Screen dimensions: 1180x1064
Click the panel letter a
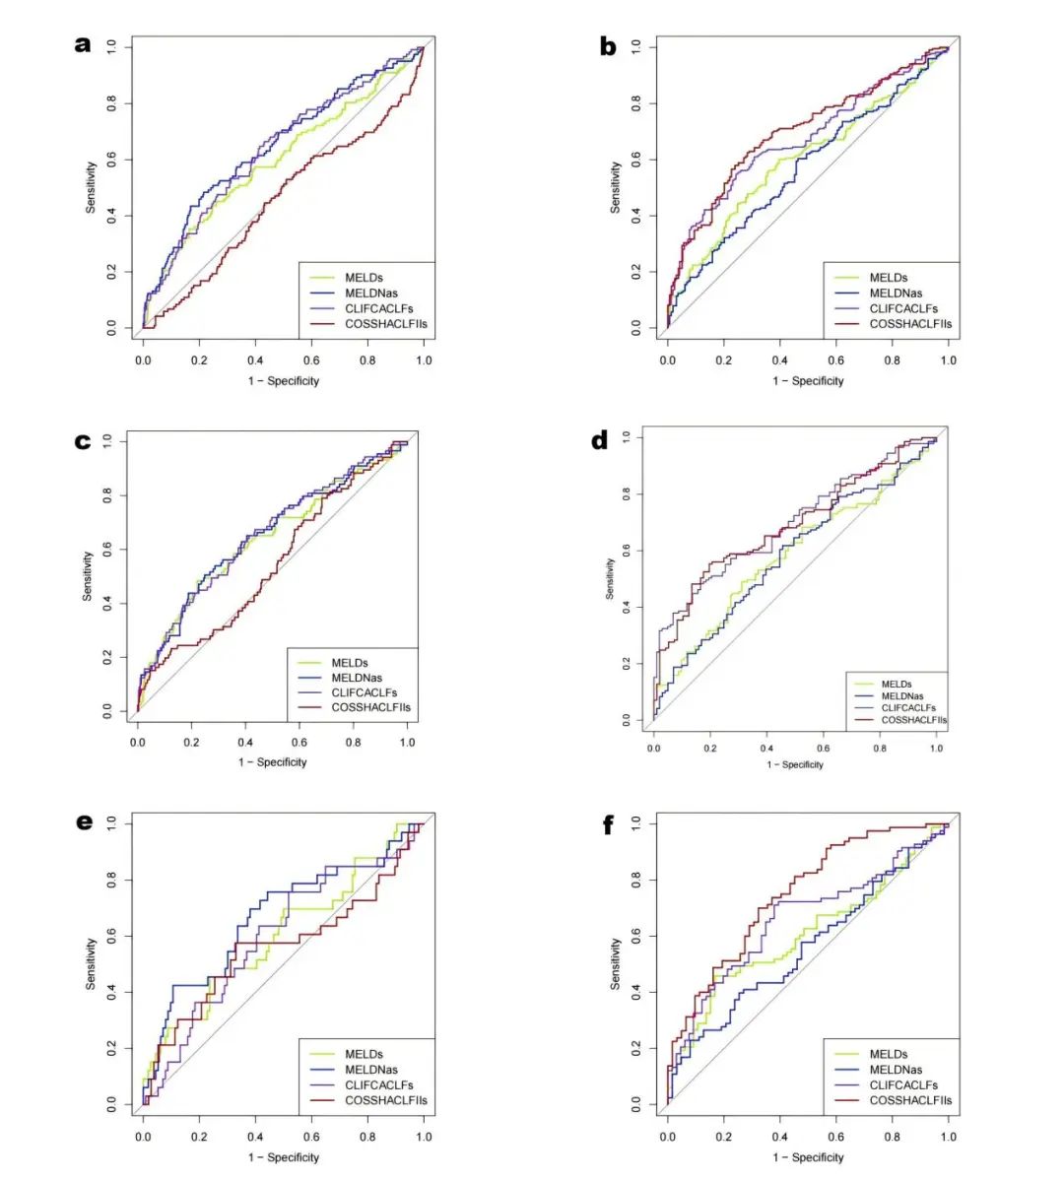click(84, 44)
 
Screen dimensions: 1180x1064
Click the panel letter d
click(599, 440)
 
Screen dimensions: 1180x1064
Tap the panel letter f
click(608, 825)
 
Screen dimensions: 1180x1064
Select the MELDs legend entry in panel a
click(364, 278)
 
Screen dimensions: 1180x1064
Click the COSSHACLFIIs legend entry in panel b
click(910, 324)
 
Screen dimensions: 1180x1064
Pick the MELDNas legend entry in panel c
click(357, 678)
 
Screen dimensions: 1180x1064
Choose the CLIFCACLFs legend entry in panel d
click(908, 708)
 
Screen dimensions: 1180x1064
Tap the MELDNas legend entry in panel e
click(370, 1070)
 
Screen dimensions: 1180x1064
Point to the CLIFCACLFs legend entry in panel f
click(903, 1085)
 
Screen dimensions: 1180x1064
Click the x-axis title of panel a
click(284, 381)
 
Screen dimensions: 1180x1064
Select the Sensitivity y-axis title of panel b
click(616, 187)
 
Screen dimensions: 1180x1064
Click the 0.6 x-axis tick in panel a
click(311, 361)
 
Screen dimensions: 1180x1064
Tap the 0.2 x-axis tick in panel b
click(724, 361)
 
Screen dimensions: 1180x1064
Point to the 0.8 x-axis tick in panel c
click(354, 743)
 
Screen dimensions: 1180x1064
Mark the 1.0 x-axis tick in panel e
click(424, 1137)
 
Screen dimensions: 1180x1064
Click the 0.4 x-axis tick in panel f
click(780, 1137)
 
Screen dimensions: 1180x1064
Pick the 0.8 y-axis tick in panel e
click(111, 879)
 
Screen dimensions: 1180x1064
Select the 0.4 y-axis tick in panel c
click(106, 603)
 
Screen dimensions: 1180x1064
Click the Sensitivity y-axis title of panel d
click(610, 579)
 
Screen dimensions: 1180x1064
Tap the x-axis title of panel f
click(808, 1157)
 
